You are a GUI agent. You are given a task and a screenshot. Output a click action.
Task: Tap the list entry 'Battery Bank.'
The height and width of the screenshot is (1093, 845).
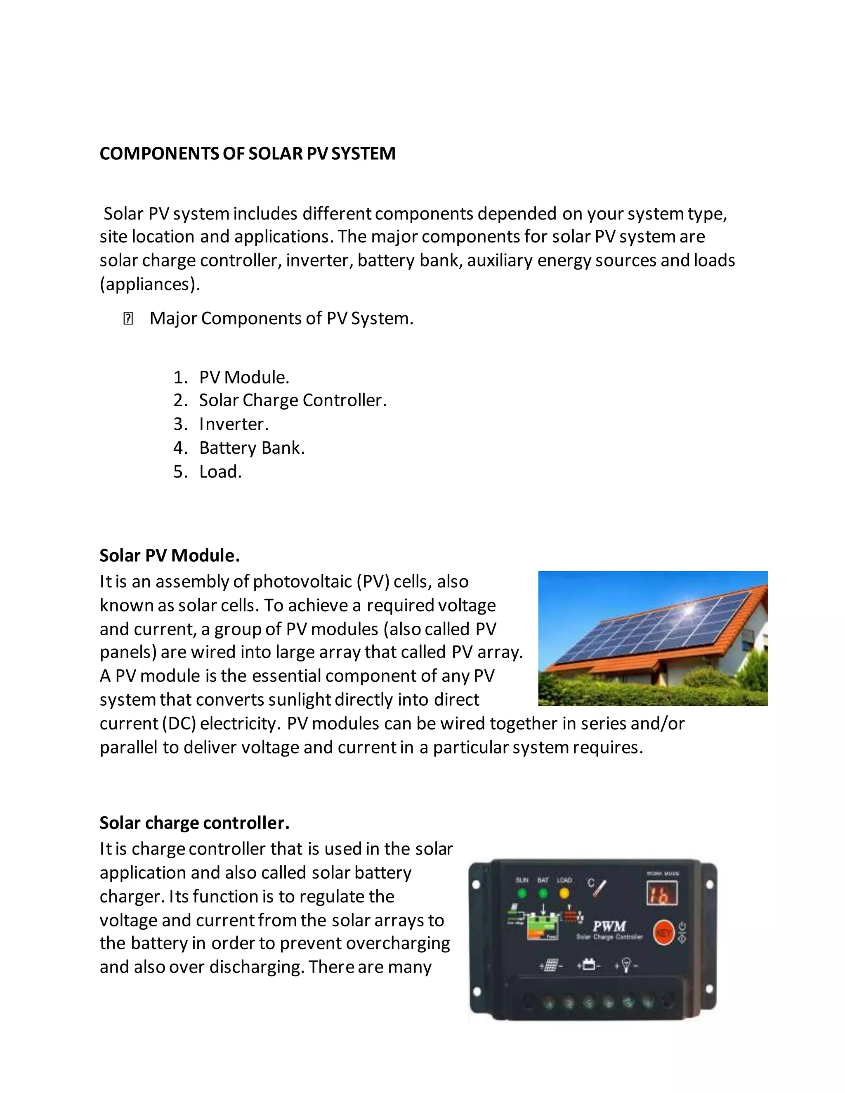252,448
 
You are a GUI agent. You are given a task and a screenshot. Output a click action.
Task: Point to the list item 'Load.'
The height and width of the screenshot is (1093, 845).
220,471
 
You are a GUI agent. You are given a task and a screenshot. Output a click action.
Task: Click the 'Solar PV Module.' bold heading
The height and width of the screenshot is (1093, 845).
170,556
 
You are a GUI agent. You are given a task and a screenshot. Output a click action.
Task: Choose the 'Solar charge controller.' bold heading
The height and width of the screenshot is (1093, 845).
194,823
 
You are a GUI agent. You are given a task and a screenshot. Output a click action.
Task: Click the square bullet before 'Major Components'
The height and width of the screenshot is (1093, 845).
128,319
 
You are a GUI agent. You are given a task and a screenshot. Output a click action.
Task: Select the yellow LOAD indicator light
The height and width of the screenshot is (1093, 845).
564,893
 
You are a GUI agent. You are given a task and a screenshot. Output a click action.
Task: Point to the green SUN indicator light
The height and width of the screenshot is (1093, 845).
522,893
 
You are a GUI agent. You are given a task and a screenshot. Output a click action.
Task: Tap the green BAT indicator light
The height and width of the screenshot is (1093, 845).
543,893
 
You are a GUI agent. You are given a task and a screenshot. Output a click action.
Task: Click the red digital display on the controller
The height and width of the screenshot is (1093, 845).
662,893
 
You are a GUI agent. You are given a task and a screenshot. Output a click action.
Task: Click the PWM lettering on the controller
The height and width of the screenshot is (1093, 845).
609,926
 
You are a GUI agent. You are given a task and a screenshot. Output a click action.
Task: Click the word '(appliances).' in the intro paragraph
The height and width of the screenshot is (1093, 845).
150,284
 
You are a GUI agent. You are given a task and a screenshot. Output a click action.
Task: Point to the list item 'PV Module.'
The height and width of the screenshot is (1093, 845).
244,377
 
